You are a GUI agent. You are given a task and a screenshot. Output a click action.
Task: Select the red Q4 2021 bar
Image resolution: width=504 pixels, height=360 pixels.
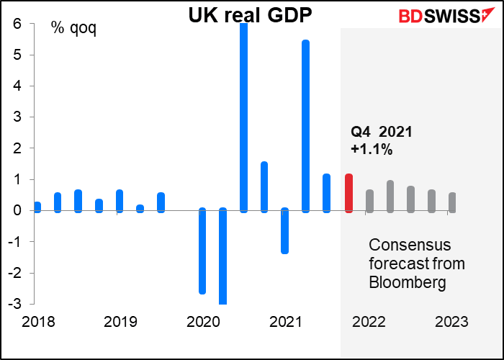[348, 193]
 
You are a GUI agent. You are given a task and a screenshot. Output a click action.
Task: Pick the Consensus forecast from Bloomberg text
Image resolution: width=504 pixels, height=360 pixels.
[416, 263]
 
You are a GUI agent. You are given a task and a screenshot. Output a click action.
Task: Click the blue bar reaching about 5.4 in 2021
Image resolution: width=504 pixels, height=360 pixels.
[306, 126]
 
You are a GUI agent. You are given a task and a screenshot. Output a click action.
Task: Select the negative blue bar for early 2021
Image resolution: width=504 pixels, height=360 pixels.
[285, 230]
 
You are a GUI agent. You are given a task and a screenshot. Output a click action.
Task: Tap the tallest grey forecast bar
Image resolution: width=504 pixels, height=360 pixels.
[390, 196]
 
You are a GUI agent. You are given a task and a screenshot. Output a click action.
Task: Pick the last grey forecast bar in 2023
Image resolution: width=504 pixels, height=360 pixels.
[452, 202]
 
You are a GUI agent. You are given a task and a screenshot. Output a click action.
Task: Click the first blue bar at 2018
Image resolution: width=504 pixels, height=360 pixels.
[37, 207]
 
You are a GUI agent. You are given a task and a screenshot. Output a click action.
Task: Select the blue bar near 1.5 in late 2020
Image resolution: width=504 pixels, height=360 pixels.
[264, 187]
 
